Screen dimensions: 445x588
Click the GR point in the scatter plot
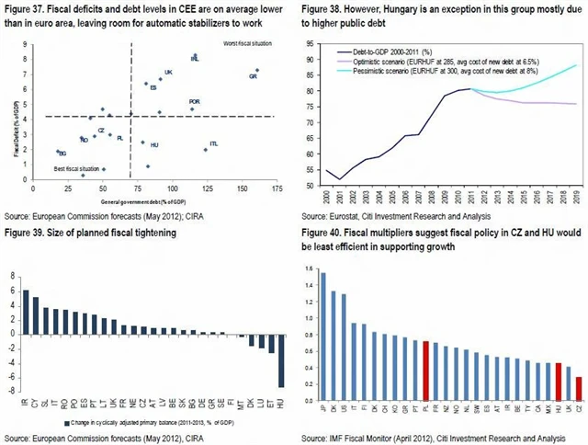[x=257, y=70]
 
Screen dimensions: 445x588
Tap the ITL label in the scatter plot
[x=214, y=144]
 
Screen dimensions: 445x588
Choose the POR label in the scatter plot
[x=194, y=102]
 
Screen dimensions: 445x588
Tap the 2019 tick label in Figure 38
[x=575, y=197]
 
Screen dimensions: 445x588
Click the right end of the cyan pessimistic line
[x=576, y=65]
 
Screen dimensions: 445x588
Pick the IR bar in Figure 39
[x=27, y=312]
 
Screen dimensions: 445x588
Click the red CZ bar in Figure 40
[x=578, y=385]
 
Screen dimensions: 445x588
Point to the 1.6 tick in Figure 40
[x=309, y=273]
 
